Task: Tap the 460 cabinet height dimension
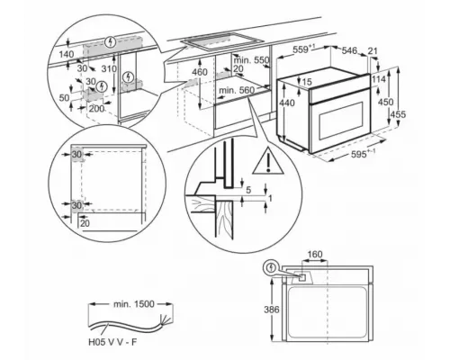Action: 200,71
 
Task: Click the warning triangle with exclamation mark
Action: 267,162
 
